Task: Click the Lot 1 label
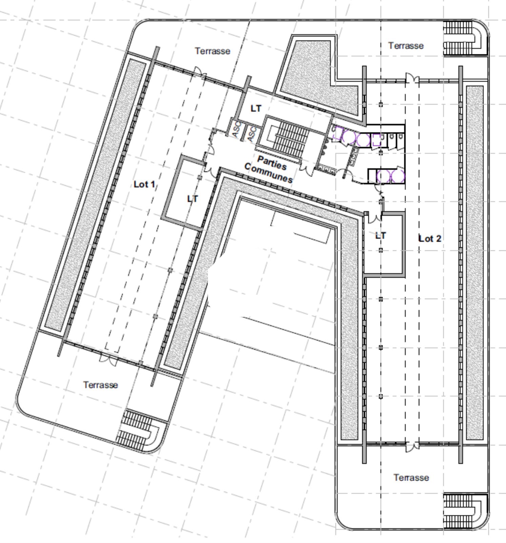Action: (x=145, y=184)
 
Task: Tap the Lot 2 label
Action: (x=430, y=239)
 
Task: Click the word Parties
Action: (x=272, y=163)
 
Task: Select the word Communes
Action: (x=268, y=173)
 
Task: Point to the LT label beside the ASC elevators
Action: (x=256, y=109)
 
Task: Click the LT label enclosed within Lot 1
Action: (x=193, y=199)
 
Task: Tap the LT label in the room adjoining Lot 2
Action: (x=381, y=236)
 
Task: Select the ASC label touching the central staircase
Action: (x=252, y=134)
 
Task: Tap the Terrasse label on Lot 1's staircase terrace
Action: (x=100, y=385)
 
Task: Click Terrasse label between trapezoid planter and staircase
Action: (x=406, y=45)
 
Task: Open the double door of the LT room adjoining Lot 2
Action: (x=374, y=218)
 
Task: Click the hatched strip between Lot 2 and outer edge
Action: (x=474, y=263)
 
